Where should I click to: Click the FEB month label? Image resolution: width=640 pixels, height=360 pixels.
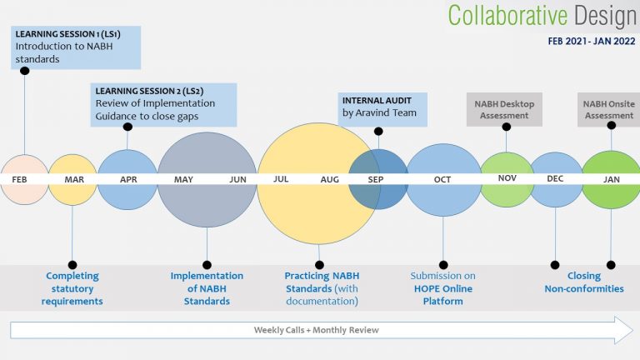click(19, 180)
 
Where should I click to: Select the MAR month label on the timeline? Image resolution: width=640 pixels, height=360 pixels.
click(74, 180)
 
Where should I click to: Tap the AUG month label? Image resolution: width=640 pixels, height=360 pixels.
click(330, 179)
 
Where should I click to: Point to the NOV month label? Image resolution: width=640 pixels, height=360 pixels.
click(507, 178)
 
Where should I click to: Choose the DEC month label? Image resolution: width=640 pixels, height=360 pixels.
click(555, 179)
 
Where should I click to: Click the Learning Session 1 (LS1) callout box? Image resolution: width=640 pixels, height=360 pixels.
click(76, 47)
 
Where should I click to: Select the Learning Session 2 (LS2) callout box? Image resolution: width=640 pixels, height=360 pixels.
click(163, 105)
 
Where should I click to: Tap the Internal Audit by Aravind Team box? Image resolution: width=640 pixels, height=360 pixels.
click(382, 109)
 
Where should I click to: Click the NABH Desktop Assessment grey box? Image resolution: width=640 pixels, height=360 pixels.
click(504, 109)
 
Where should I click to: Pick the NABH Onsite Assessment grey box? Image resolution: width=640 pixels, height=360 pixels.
click(608, 109)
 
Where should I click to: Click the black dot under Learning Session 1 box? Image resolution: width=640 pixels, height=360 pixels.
click(24, 71)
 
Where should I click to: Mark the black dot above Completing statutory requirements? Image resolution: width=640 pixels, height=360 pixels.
click(72, 265)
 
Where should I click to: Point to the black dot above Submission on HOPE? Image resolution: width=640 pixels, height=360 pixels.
click(443, 265)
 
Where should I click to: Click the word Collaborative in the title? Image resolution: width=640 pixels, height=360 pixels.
click(507, 16)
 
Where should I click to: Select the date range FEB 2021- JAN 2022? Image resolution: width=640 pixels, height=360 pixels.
click(592, 41)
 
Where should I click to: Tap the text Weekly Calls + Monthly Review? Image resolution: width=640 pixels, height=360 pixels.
click(317, 330)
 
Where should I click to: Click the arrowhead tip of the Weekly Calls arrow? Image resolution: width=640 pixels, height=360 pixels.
click(633, 330)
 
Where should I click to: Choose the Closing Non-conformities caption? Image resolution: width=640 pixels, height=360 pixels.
click(584, 282)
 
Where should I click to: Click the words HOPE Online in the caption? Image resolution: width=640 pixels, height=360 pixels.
click(443, 288)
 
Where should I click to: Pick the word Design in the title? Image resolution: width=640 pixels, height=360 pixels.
click(605, 17)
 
